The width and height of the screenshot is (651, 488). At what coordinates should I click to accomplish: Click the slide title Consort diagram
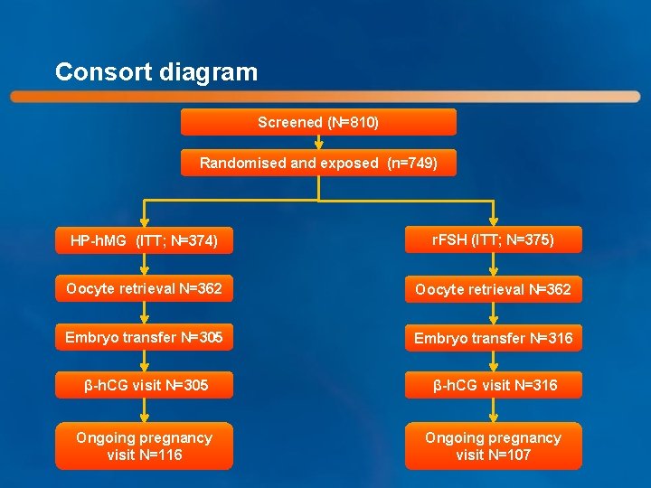click(x=156, y=72)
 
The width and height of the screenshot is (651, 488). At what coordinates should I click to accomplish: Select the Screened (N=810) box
click(x=318, y=122)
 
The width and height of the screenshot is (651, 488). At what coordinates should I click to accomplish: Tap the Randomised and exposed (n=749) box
click(x=318, y=163)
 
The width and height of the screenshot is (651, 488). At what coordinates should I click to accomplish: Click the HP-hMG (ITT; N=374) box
click(x=145, y=241)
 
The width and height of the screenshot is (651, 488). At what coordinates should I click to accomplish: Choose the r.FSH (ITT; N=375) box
click(x=493, y=239)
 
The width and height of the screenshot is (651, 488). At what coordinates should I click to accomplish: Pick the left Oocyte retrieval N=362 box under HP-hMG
click(x=145, y=289)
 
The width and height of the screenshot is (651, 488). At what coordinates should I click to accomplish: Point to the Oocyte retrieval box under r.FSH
click(x=493, y=290)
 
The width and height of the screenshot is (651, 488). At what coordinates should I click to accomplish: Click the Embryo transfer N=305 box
click(x=145, y=337)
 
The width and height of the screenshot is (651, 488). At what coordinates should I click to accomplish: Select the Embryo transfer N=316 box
click(x=493, y=338)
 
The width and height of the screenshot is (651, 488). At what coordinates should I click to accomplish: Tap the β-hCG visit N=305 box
click(x=145, y=385)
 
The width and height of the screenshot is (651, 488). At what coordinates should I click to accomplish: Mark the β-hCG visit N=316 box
click(x=493, y=385)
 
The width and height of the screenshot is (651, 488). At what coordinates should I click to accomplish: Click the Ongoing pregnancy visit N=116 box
click(x=145, y=446)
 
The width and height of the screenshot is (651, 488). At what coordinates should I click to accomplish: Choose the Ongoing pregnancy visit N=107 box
click(x=493, y=446)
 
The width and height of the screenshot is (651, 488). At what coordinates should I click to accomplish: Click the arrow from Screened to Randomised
click(x=318, y=142)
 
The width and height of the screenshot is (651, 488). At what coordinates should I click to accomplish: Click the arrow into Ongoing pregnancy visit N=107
click(x=493, y=412)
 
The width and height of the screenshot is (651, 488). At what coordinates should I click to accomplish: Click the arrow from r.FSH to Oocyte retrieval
click(x=493, y=265)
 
